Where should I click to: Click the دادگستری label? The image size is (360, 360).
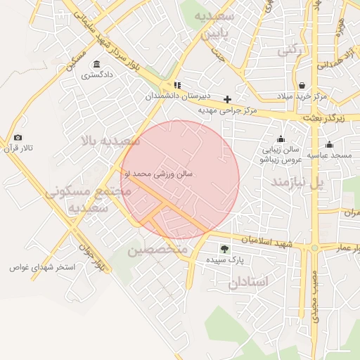pos(96,75)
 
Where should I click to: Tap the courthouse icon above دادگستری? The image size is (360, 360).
pos(96,65)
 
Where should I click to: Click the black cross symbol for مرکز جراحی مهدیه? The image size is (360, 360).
pos(227,100)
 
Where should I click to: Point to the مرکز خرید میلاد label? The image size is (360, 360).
pos(302,95)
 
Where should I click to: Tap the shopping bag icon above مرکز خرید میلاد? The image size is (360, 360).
pos(302,85)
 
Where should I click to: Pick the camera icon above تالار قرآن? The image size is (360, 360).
pos(18,138)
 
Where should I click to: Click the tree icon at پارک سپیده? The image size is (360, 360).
pos(224,249)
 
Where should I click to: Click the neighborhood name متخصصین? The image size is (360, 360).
pos(158,250)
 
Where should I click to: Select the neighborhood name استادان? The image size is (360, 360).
pos(248,281)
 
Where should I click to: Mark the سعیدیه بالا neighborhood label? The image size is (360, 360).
pos(111,141)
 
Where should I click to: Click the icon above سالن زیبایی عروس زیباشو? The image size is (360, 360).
pos(281,139)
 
